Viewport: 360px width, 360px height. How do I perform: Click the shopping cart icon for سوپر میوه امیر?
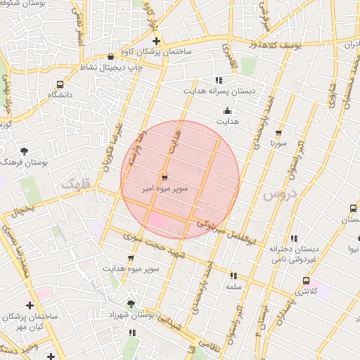(x=164, y=176)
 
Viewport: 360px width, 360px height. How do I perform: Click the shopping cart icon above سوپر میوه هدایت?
(x=131, y=258)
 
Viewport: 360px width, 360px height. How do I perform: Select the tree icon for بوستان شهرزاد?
(x=131, y=303)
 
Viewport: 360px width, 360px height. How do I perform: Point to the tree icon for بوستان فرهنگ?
(x=25, y=150)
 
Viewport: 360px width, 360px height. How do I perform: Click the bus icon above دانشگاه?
(x=60, y=84)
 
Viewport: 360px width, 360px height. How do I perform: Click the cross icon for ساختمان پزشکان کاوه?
(x=156, y=41)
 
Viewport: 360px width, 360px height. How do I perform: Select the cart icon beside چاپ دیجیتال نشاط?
(x=111, y=56)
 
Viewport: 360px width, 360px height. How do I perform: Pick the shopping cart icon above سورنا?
(x=279, y=132)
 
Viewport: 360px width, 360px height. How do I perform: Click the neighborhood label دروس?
(x=276, y=194)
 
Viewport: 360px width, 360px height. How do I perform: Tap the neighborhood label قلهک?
(x=76, y=184)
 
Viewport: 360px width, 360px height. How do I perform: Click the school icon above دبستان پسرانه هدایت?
(x=219, y=80)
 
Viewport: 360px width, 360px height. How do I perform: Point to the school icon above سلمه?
(x=233, y=276)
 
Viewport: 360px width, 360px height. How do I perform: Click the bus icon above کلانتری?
(x=304, y=281)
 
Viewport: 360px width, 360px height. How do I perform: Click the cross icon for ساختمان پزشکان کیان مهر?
(x=29, y=305)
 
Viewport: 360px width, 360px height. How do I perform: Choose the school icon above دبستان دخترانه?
(x=294, y=238)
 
